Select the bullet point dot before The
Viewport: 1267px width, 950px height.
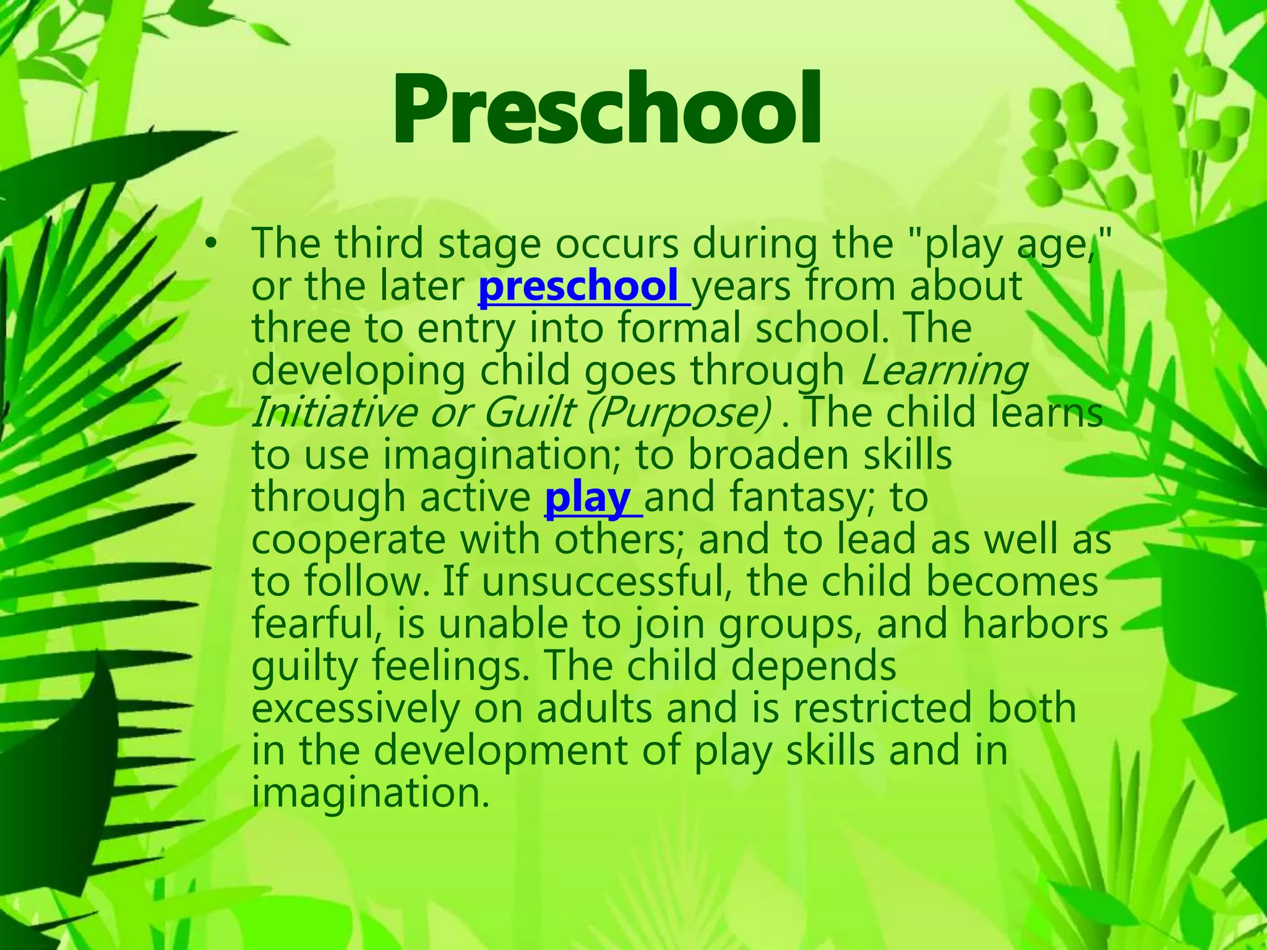point(212,246)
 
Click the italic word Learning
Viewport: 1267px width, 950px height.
point(943,371)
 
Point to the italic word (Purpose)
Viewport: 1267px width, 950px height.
point(678,413)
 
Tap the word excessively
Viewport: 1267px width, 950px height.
point(356,709)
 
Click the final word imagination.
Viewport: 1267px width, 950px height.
point(370,793)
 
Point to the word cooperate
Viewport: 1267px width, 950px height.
point(348,541)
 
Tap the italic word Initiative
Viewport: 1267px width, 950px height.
point(330,413)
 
